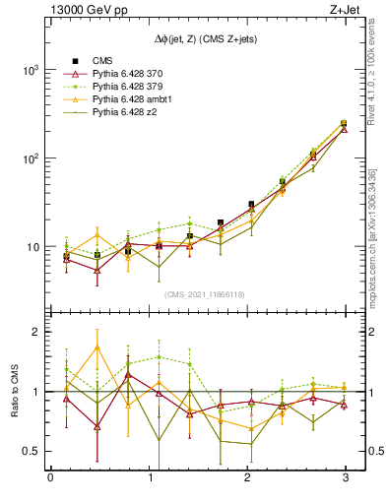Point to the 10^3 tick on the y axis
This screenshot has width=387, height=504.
tap(29, 71)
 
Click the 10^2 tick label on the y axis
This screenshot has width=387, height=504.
tap(29, 158)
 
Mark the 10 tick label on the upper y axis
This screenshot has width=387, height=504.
tap(32, 247)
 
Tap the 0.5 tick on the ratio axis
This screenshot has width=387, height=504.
tap(29, 451)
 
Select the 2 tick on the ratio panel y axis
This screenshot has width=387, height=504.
tap(34, 333)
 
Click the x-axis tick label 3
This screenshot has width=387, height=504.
tap(344, 479)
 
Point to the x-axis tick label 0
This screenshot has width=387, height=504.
tap(50, 479)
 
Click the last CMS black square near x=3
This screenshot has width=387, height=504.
tap(343, 124)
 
